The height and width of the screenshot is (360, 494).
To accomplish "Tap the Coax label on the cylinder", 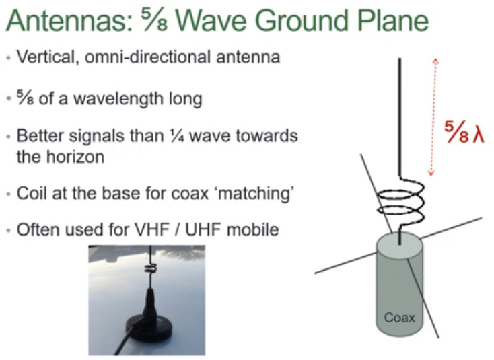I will (x=399, y=316).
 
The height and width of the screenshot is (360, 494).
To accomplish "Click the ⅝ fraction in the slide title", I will (x=158, y=22).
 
